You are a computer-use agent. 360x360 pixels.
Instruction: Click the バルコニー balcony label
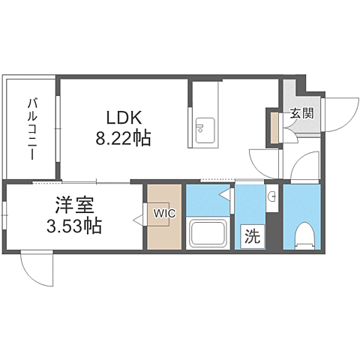pyautogui.click(x=33, y=128)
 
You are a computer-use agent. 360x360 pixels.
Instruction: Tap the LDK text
pyautogui.click(x=123, y=117)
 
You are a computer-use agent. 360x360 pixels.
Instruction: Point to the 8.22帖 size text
pyautogui.click(x=123, y=138)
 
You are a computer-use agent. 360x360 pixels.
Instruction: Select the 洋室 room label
pyautogui.click(x=72, y=204)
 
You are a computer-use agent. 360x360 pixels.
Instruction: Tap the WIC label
pyautogui.click(x=163, y=214)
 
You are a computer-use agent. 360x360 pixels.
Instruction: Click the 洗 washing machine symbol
pyautogui.click(x=252, y=237)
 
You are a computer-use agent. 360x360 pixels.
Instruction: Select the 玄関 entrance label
pyautogui.click(x=302, y=115)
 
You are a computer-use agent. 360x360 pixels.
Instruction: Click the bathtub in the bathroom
pyautogui.click(x=209, y=234)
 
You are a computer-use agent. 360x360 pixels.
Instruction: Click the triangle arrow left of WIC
pyautogui.click(x=138, y=220)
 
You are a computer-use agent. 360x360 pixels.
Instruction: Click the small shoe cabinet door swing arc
pyautogui.click(x=289, y=129)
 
